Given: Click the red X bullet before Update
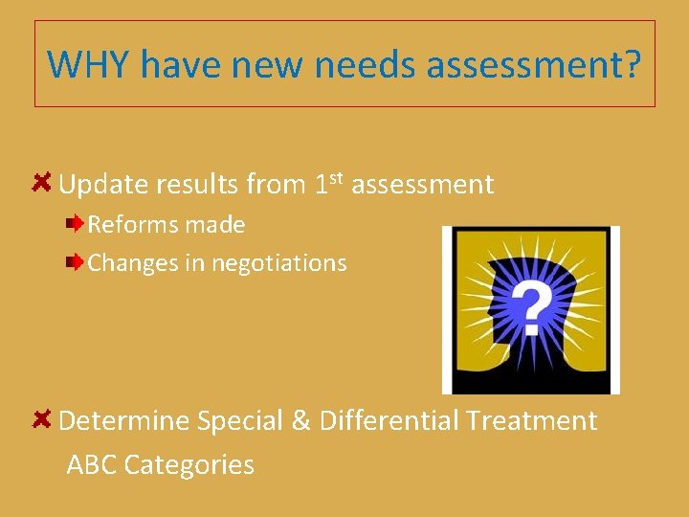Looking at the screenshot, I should click(x=42, y=182).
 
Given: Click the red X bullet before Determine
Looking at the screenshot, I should click(x=42, y=419).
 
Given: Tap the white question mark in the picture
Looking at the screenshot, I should click(x=530, y=305).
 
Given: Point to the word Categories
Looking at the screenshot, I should click(x=189, y=465).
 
